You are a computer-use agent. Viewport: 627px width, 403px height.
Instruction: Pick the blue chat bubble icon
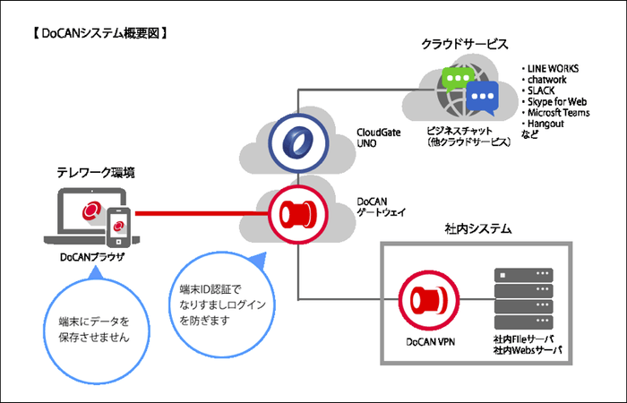(485, 95)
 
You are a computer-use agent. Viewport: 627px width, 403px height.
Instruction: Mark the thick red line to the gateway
(197, 216)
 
